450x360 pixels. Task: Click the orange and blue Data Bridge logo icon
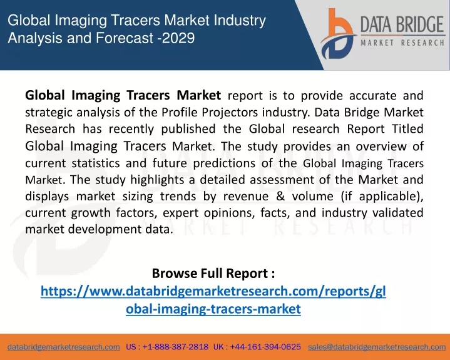(338, 34)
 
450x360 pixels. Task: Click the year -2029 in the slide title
(176, 38)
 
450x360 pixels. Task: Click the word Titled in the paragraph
(407, 129)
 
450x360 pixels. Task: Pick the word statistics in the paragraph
(96, 163)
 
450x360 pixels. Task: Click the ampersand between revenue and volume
(280, 197)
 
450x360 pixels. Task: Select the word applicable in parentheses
(388, 197)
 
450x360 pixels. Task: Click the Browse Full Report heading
(213, 274)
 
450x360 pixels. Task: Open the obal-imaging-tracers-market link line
(213, 309)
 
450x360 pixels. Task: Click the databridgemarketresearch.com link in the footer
(64, 347)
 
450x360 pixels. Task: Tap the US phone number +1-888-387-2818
(175, 347)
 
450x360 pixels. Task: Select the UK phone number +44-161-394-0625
(265, 347)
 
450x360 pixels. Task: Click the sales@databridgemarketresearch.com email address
(377, 347)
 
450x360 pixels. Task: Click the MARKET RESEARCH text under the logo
(402, 43)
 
